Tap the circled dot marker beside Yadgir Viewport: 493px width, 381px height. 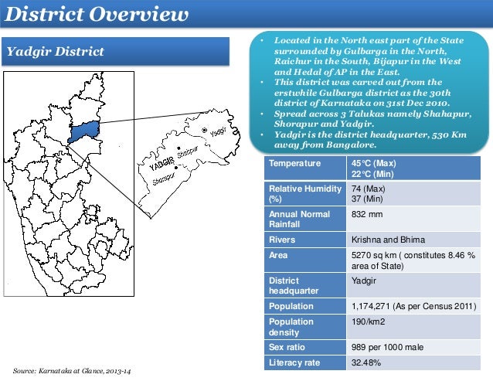(x=204, y=131)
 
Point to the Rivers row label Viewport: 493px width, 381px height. (x=282, y=240)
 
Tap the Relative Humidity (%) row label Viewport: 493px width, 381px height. (x=302, y=193)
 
